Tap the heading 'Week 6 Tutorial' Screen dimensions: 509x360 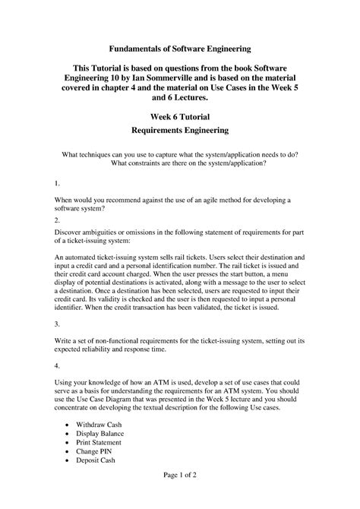coord(179,115)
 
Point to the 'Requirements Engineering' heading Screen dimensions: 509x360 coord(179,131)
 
